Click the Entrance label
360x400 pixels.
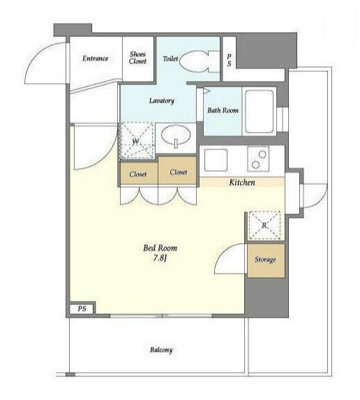(95, 59)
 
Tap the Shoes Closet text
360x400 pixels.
(137, 58)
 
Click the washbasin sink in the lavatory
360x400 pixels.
(176, 135)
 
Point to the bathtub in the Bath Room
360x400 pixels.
(260, 112)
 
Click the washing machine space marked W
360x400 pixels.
(137, 141)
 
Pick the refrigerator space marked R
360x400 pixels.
(264, 225)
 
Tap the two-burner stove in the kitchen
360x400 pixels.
(258, 158)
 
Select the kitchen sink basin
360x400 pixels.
(216, 160)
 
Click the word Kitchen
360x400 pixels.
(242, 182)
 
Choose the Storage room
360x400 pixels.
(266, 260)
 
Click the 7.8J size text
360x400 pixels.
(160, 258)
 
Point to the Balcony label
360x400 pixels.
(161, 350)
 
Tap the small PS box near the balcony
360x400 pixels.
(82, 309)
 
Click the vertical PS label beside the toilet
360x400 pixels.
(230, 60)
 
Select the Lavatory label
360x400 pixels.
(162, 101)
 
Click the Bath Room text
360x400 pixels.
(223, 110)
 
